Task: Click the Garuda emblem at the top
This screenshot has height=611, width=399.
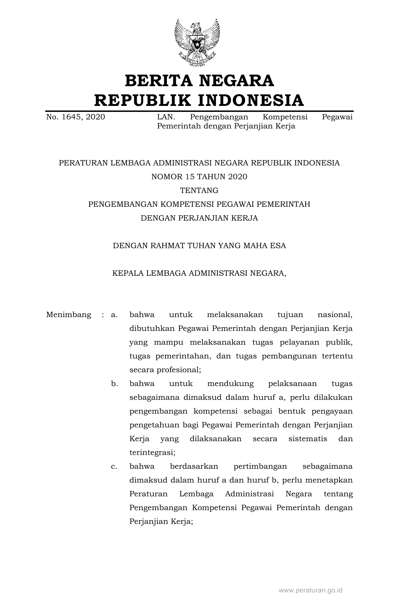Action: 197,42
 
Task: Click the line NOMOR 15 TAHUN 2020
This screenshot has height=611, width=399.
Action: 199,177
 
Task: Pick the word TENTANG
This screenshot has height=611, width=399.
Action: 199,191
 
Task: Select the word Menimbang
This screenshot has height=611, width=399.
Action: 69,315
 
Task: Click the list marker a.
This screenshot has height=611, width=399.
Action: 114,315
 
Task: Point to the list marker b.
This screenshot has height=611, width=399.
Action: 114,384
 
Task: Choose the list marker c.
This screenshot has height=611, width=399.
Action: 114,466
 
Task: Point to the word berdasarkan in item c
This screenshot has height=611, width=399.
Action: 194,466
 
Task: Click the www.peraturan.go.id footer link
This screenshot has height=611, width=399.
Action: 310,590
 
